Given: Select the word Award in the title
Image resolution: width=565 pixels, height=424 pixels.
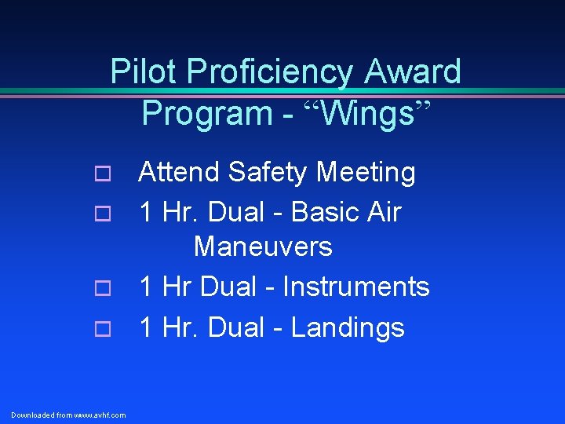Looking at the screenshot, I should click(413, 72).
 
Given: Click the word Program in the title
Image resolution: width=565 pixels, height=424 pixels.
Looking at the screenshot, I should click(204, 113).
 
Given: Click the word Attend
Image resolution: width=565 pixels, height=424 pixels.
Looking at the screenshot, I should click(180, 172).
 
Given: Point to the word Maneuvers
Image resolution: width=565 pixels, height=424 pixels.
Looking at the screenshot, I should click(263, 247).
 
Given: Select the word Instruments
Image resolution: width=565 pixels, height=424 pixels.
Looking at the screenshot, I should click(355, 287).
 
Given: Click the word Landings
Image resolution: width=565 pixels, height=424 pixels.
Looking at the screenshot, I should click(348, 327).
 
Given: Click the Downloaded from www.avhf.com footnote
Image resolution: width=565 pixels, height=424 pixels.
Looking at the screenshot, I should click(68, 415).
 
